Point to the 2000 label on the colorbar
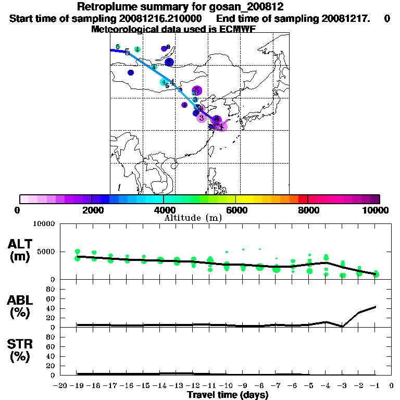[x=92, y=210]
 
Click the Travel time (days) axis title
[x=228, y=395]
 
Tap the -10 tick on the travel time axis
[x=226, y=385]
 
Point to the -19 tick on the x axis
[x=77, y=385]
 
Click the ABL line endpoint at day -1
[x=376, y=307]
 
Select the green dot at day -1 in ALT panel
[x=376, y=274]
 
